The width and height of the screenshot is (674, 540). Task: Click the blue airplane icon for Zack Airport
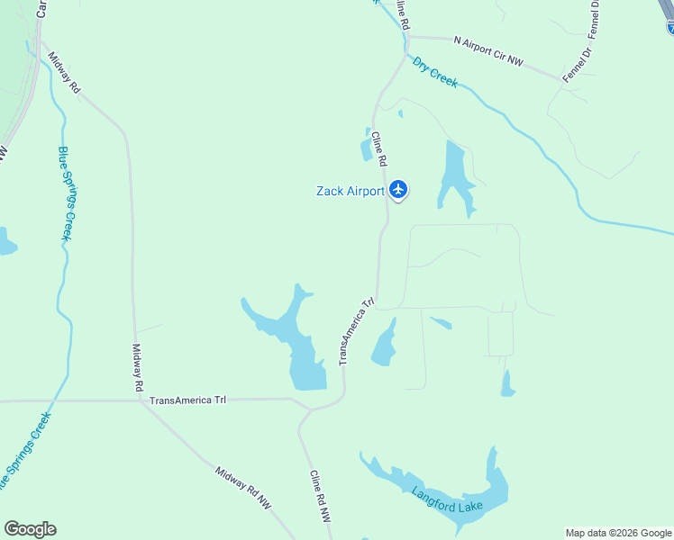pos(399,190)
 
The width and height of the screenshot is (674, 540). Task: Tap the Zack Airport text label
pos(351,191)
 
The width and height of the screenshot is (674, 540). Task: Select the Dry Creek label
pos(435,72)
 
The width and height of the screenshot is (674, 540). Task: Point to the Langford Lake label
pos(448,499)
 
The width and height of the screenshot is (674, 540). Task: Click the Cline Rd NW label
pos(320,496)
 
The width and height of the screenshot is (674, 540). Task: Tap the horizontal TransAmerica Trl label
pos(187,400)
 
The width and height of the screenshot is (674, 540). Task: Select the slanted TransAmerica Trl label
pos(355,332)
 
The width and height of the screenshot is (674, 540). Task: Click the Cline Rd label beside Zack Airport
pos(378,148)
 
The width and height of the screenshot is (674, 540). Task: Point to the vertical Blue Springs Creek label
pos(65,193)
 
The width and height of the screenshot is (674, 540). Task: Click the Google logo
pos(30,529)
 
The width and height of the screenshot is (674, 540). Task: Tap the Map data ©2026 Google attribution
pos(618,533)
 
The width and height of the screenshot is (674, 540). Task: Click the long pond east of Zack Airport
pos(453,176)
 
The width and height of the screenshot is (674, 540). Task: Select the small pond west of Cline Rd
pos(368,146)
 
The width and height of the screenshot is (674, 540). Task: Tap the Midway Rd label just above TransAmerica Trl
pos(138,366)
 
